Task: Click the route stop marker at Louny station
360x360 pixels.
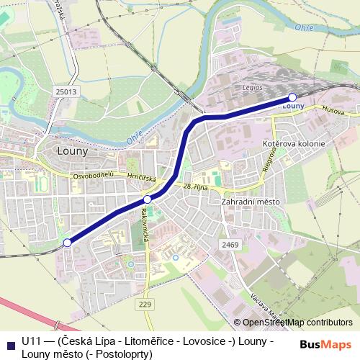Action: [x=292, y=97]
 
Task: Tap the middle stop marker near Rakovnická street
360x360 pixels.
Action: [x=147, y=199]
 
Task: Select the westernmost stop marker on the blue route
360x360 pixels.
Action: [x=67, y=243]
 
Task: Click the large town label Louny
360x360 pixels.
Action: [x=71, y=152]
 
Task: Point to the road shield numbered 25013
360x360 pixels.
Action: [x=65, y=92]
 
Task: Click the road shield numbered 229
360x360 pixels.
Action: [x=145, y=305]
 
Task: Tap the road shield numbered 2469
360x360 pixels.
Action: [x=230, y=245]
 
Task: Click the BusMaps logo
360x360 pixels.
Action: [x=325, y=343]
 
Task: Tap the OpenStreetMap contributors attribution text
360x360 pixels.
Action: [x=297, y=323]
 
